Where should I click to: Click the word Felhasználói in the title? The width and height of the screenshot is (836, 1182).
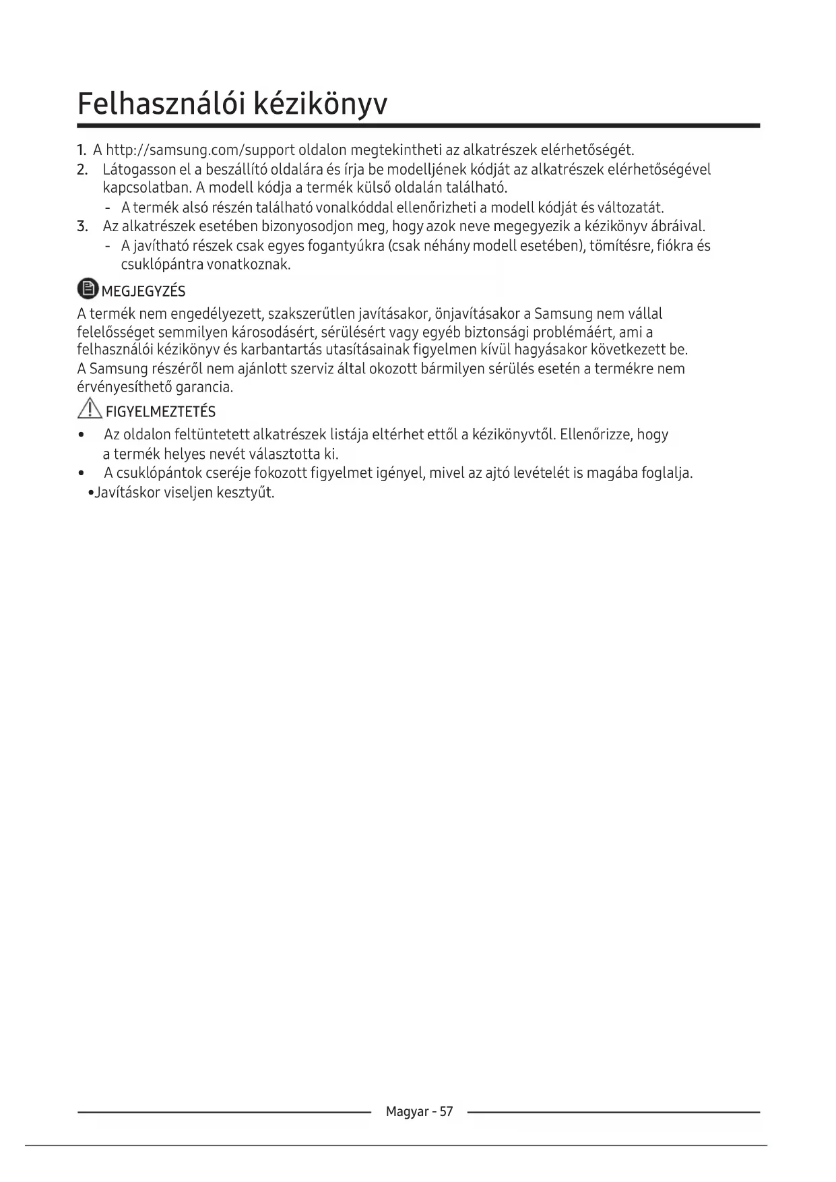tap(160, 104)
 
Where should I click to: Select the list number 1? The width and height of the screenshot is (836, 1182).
tap(82, 149)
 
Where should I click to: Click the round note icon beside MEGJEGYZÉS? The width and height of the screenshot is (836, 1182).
tap(88, 289)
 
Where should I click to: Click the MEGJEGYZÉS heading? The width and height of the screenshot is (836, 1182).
tap(143, 292)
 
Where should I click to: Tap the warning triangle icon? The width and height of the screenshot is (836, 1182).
tap(89, 409)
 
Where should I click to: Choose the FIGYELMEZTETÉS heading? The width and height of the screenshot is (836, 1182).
tap(161, 412)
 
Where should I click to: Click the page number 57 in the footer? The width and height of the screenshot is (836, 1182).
tap(446, 1111)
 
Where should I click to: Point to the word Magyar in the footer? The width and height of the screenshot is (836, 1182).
tap(407, 1112)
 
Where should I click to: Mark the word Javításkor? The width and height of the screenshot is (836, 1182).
tap(127, 493)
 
